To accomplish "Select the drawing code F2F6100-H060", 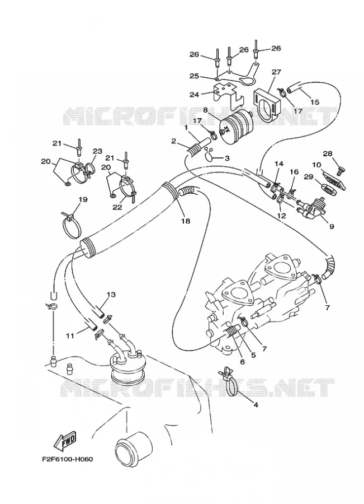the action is click(x=67, y=459).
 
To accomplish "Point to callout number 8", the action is click(x=206, y=110).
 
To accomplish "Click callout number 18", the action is click(x=186, y=221).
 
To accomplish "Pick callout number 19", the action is click(x=83, y=199).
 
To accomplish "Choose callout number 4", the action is click(x=256, y=405).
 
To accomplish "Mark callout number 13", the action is click(x=111, y=295).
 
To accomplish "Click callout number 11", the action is click(x=70, y=336).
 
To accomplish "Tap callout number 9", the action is click(x=332, y=226).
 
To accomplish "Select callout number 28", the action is click(x=328, y=153).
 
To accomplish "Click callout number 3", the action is click(x=226, y=158).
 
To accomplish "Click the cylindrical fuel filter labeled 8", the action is click(x=235, y=127).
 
